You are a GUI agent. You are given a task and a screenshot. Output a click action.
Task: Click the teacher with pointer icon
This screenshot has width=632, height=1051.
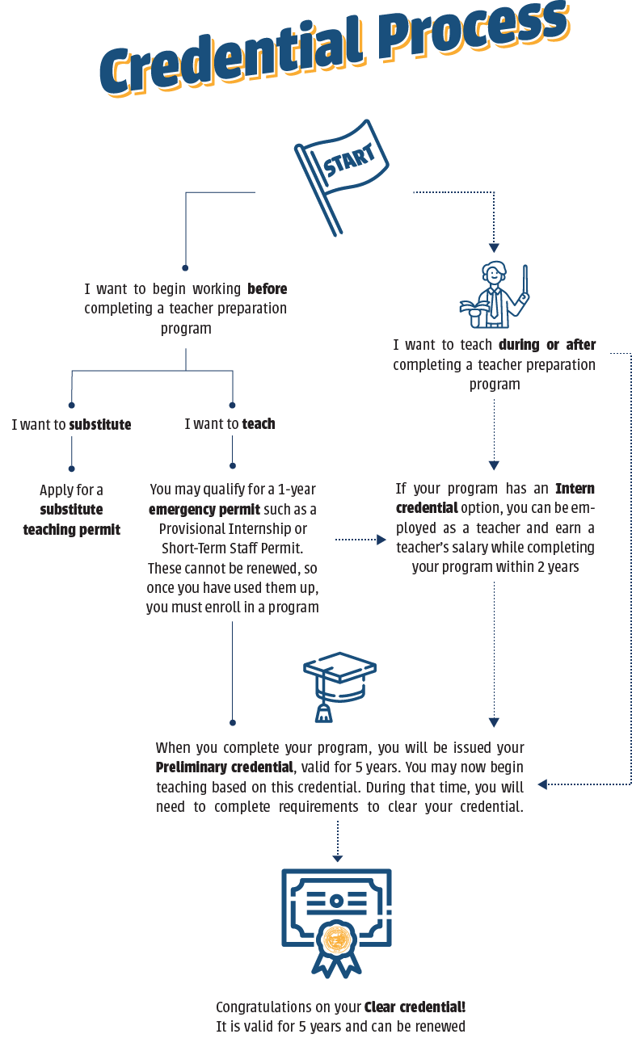[494, 295]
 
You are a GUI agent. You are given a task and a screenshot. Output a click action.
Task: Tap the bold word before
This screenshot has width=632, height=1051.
[267, 288]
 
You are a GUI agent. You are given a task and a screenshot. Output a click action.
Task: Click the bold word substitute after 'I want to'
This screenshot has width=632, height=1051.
[99, 424]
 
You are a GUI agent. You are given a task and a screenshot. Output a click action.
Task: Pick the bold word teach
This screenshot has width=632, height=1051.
[259, 424]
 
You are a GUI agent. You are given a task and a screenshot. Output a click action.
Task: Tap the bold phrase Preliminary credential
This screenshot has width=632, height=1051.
[224, 767]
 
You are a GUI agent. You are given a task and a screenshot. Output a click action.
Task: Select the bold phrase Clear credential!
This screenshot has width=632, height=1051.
[415, 1007]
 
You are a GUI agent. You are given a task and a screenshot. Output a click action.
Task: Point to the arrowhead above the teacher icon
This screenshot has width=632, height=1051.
[494, 248]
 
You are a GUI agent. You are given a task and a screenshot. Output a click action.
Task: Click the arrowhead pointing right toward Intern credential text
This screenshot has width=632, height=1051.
[381, 539]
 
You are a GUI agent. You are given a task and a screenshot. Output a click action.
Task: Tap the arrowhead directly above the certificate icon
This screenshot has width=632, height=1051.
[337, 858]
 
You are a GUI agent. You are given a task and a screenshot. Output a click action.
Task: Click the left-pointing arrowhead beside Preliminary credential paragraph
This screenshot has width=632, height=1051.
[542, 784]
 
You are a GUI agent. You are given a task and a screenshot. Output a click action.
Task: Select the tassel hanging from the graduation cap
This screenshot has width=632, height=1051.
[323, 712]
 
